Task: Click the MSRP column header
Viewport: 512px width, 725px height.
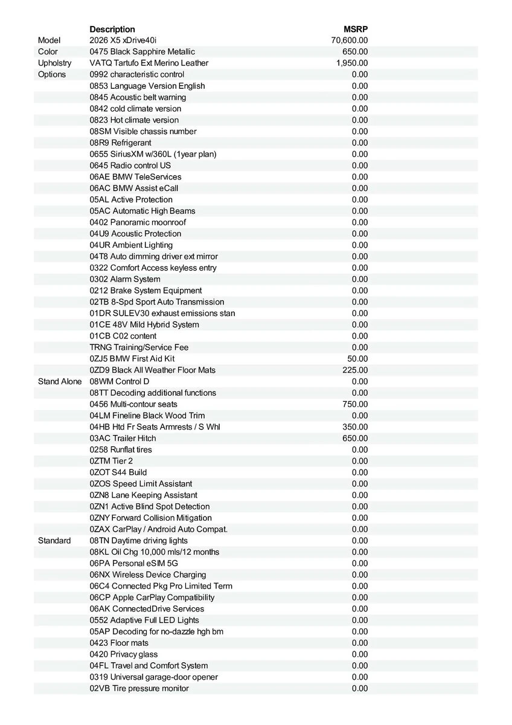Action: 355,29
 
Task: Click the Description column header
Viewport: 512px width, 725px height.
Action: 112,29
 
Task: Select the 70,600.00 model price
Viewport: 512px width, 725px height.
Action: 350,40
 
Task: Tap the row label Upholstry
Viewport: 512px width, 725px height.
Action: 54,63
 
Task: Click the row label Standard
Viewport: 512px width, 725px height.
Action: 54,541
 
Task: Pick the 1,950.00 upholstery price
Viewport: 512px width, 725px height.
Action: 352,63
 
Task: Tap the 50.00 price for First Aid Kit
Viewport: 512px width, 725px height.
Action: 357,359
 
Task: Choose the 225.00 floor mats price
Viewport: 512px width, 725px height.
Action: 355,370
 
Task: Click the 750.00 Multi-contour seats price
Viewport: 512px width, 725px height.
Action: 355,404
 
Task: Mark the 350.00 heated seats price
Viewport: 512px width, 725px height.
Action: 355,427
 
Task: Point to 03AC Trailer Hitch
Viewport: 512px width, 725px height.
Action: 123,438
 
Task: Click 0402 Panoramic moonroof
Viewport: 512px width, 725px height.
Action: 138,222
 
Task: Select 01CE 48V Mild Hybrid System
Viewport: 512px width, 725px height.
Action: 144,324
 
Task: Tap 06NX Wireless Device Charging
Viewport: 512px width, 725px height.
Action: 148,575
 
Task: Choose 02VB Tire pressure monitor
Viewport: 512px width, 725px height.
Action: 139,688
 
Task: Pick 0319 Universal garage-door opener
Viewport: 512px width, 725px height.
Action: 154,677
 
